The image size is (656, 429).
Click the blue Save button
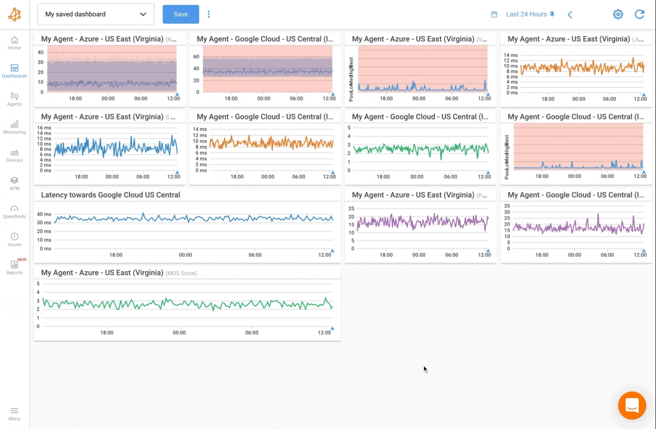click(x=180, y=14)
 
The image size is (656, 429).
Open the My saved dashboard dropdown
click(x=96, y=14)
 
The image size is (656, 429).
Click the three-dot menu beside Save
click(x=209, y=14)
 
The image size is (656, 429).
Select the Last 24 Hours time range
click(x=526, y=14)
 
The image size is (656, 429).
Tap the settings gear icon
click(x=618, y=14)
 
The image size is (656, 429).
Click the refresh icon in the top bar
click(x=639, y=14)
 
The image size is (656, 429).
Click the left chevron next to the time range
click(x=570, y=15)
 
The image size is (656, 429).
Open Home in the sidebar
click(x=15, y=43)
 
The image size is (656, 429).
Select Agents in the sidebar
click(x=15, y=99)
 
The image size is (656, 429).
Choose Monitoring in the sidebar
click(x=15, y=127)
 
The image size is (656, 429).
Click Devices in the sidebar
click(x=15, y=155)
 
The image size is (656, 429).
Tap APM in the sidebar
click(x=15, y=183)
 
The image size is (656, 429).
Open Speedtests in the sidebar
click(x=15, y=211)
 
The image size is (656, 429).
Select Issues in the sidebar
click(x=15, y=240)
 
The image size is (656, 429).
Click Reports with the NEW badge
click(x=15, y=268)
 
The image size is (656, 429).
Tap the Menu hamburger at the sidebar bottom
click(x=15, y=414)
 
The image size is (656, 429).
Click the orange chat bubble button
click(x=632, y=405)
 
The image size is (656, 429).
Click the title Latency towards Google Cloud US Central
click(x=111, y=195)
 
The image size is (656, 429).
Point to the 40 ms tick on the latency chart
click(x=44, y=214)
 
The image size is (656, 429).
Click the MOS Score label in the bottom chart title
click(x=181, y=273)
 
